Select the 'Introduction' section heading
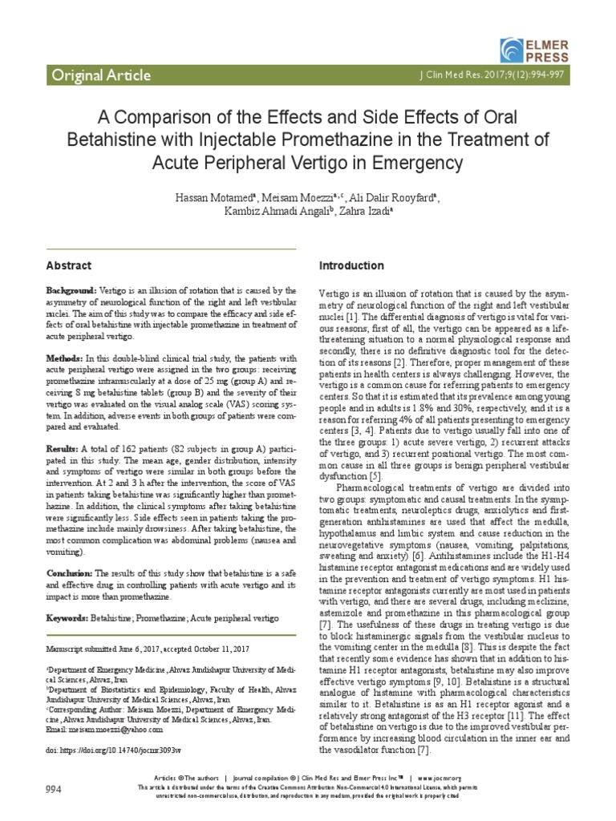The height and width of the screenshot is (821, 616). tap(351, 265)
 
